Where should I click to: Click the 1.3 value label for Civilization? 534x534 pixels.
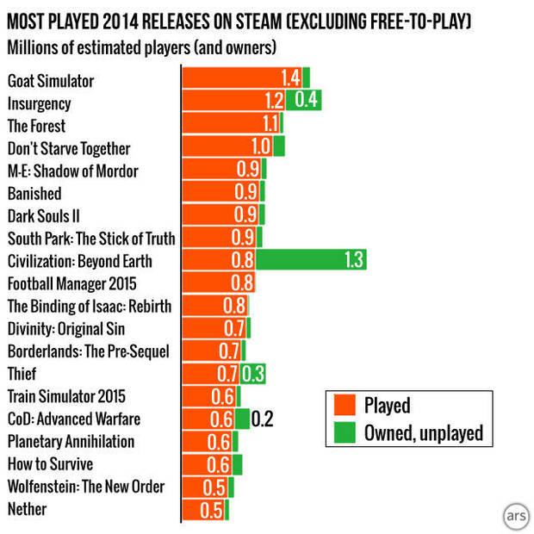[354, 260]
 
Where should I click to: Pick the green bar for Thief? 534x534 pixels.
[253, 374]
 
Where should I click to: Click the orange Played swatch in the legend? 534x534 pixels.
[343, 406]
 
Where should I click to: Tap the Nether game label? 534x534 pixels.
[27, 509]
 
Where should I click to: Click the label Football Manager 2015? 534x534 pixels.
[71, 283]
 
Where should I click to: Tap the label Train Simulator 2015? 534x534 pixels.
[66, 396]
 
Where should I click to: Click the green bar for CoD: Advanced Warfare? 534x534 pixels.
[241, 419]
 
